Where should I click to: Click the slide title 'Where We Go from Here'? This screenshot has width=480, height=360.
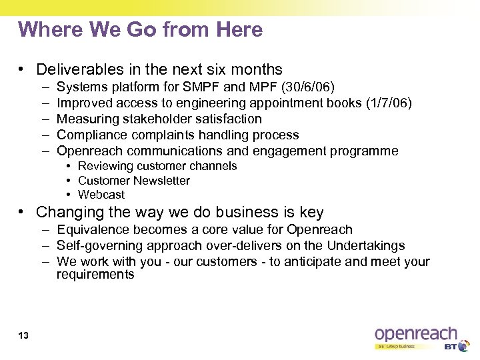coord(141,30)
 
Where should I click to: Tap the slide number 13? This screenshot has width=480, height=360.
coord(24,335)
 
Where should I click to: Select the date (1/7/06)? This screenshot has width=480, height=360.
coord(387,103)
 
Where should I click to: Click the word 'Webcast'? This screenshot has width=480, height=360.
coord(101,195)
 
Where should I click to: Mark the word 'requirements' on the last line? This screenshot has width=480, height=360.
coord(95,274)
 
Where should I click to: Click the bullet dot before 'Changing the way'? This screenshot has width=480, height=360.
coord(23,212)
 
